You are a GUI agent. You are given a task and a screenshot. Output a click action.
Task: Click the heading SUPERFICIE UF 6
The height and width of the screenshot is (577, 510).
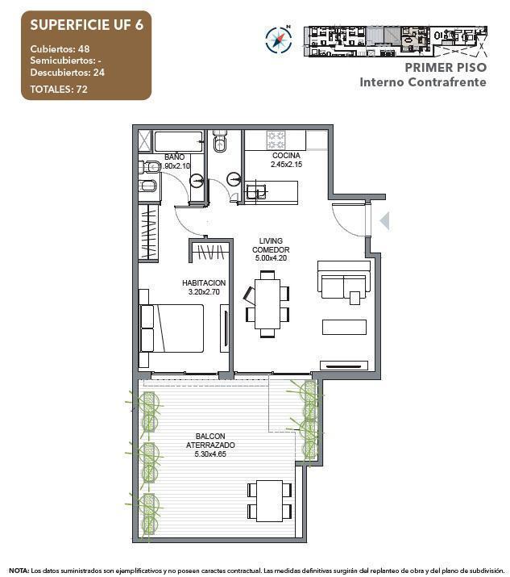pyautogui.click(x=85, y=24)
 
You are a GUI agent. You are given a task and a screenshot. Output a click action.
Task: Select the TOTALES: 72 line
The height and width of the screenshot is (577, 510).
pyautogui.click(x=59, y=89)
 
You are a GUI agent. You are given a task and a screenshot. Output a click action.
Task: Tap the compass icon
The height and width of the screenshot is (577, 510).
pyautogui.click(x=278, y=39)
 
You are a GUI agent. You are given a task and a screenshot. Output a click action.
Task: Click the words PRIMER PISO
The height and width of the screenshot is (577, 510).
pyautogui.click(x=446, y=68)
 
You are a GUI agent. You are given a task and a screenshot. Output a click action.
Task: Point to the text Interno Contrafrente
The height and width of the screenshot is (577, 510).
pyautogui.click(x=422, y=82)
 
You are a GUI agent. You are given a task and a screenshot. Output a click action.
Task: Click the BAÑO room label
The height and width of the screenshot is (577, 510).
pyautogui.click(x=174, y=157)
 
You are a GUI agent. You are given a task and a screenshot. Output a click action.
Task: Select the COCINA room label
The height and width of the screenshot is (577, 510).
pyautogui.click(x=286, y=156)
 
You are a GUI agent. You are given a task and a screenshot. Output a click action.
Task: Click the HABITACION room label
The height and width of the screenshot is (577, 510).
pyautogui.click(x=203, y=282)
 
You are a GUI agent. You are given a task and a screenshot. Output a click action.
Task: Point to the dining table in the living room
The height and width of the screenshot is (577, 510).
pyautogui.click(x=268, y=303)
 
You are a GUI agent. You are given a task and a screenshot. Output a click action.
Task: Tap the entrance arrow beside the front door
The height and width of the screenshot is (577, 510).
pyautogui.click(x=384, y=220)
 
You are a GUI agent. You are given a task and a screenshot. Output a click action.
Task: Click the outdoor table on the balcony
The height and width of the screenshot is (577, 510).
pyautogui.click(x=269, y=500)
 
